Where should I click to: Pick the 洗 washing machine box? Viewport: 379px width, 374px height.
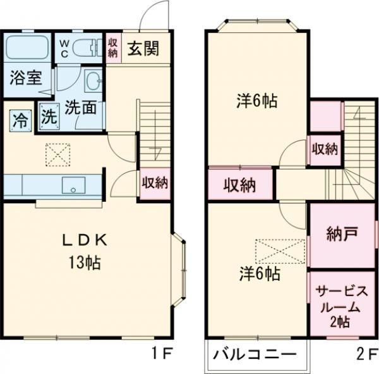click(x=49, y=118)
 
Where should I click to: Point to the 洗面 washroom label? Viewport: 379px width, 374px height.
click(x=81, y=107)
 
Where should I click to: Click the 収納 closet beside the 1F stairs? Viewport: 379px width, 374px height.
click(x=154, y=183)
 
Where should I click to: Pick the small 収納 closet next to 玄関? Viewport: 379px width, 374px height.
click(x=112, y=47)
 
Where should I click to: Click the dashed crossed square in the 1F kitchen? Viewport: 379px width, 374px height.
click(x=58, y=153)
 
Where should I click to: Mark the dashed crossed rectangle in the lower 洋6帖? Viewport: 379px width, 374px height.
click(x=280, y=251)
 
